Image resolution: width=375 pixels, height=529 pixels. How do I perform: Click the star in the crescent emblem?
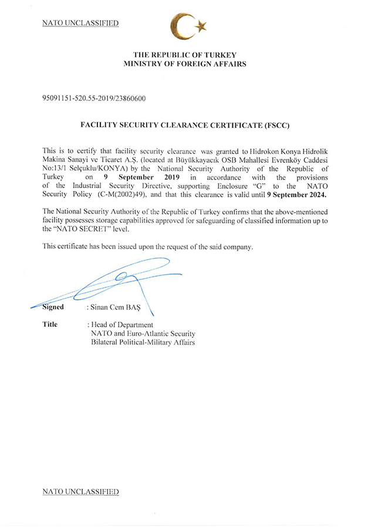(x=201, y=25)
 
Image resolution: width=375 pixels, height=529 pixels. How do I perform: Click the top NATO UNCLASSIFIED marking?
(x=80, y=24)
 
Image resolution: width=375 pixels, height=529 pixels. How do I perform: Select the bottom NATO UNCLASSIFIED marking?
(x=80, y=491)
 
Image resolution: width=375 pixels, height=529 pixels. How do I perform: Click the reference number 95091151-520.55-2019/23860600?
(x=94, y=98)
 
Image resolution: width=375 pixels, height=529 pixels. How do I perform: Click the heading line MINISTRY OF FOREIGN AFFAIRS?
(x=185, y=63)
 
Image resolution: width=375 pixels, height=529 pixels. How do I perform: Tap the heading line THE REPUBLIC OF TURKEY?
(x=185, y=55)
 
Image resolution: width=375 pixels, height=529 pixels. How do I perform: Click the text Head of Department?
(x=122, y=324)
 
